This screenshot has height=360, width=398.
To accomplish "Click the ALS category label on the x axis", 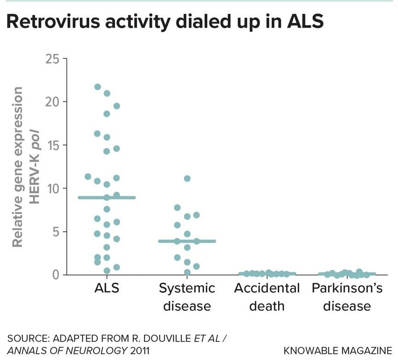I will (107, 289).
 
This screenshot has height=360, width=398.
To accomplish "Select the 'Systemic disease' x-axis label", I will (187, 297).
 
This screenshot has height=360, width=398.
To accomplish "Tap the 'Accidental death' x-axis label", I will (267, 297).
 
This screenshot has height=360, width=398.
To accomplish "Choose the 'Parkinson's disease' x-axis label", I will (347, 297).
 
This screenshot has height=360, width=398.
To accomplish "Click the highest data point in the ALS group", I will (97, 86).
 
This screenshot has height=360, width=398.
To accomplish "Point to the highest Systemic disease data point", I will (187, 178).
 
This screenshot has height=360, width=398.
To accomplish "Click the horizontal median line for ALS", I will (107, 198).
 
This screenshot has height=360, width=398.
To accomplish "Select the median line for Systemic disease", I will (187, 241).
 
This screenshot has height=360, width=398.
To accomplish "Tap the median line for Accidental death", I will (267, 274).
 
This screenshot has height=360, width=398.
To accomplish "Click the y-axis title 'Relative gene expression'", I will (18, 168).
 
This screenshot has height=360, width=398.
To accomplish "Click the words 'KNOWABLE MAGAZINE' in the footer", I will (338, 350).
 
